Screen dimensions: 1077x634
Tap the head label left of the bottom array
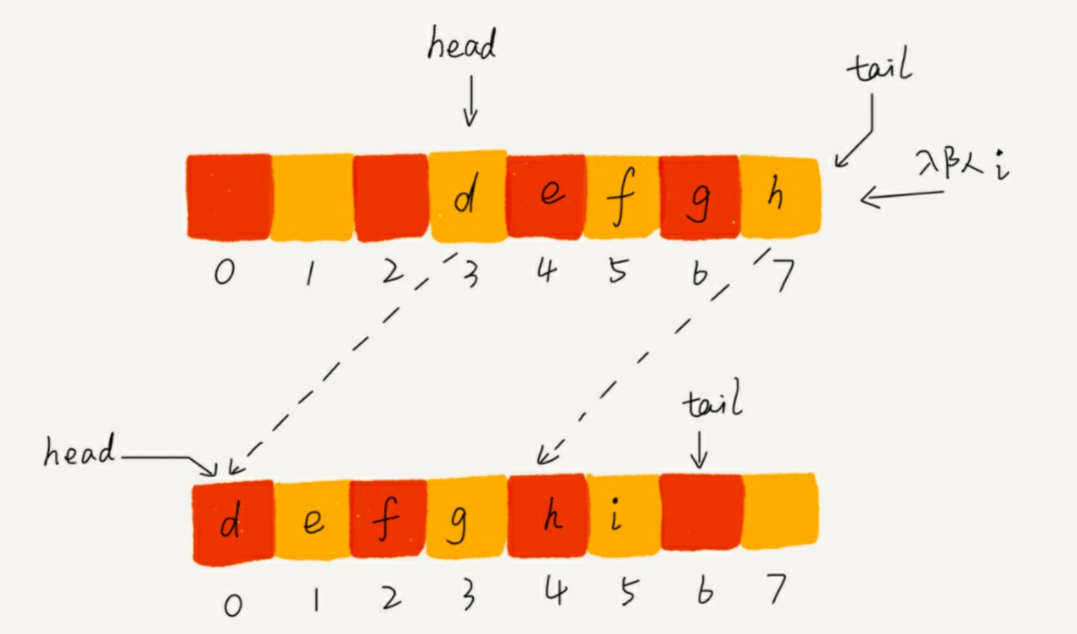coord(78,451)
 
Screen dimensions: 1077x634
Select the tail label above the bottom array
coord(712,402)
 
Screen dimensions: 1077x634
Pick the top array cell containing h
coord(779,197)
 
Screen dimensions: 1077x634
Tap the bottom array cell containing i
coord(621,517)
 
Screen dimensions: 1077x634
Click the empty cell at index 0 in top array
coord(229,197)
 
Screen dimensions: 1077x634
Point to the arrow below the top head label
coord(470,101)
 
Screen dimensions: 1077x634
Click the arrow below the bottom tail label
coord(698,450)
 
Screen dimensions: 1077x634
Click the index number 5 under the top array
coord(618,271)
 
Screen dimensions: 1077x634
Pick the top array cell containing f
coord(621,197)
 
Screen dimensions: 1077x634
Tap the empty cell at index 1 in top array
coord(312,197)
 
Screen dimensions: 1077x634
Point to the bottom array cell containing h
coord(547,516)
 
